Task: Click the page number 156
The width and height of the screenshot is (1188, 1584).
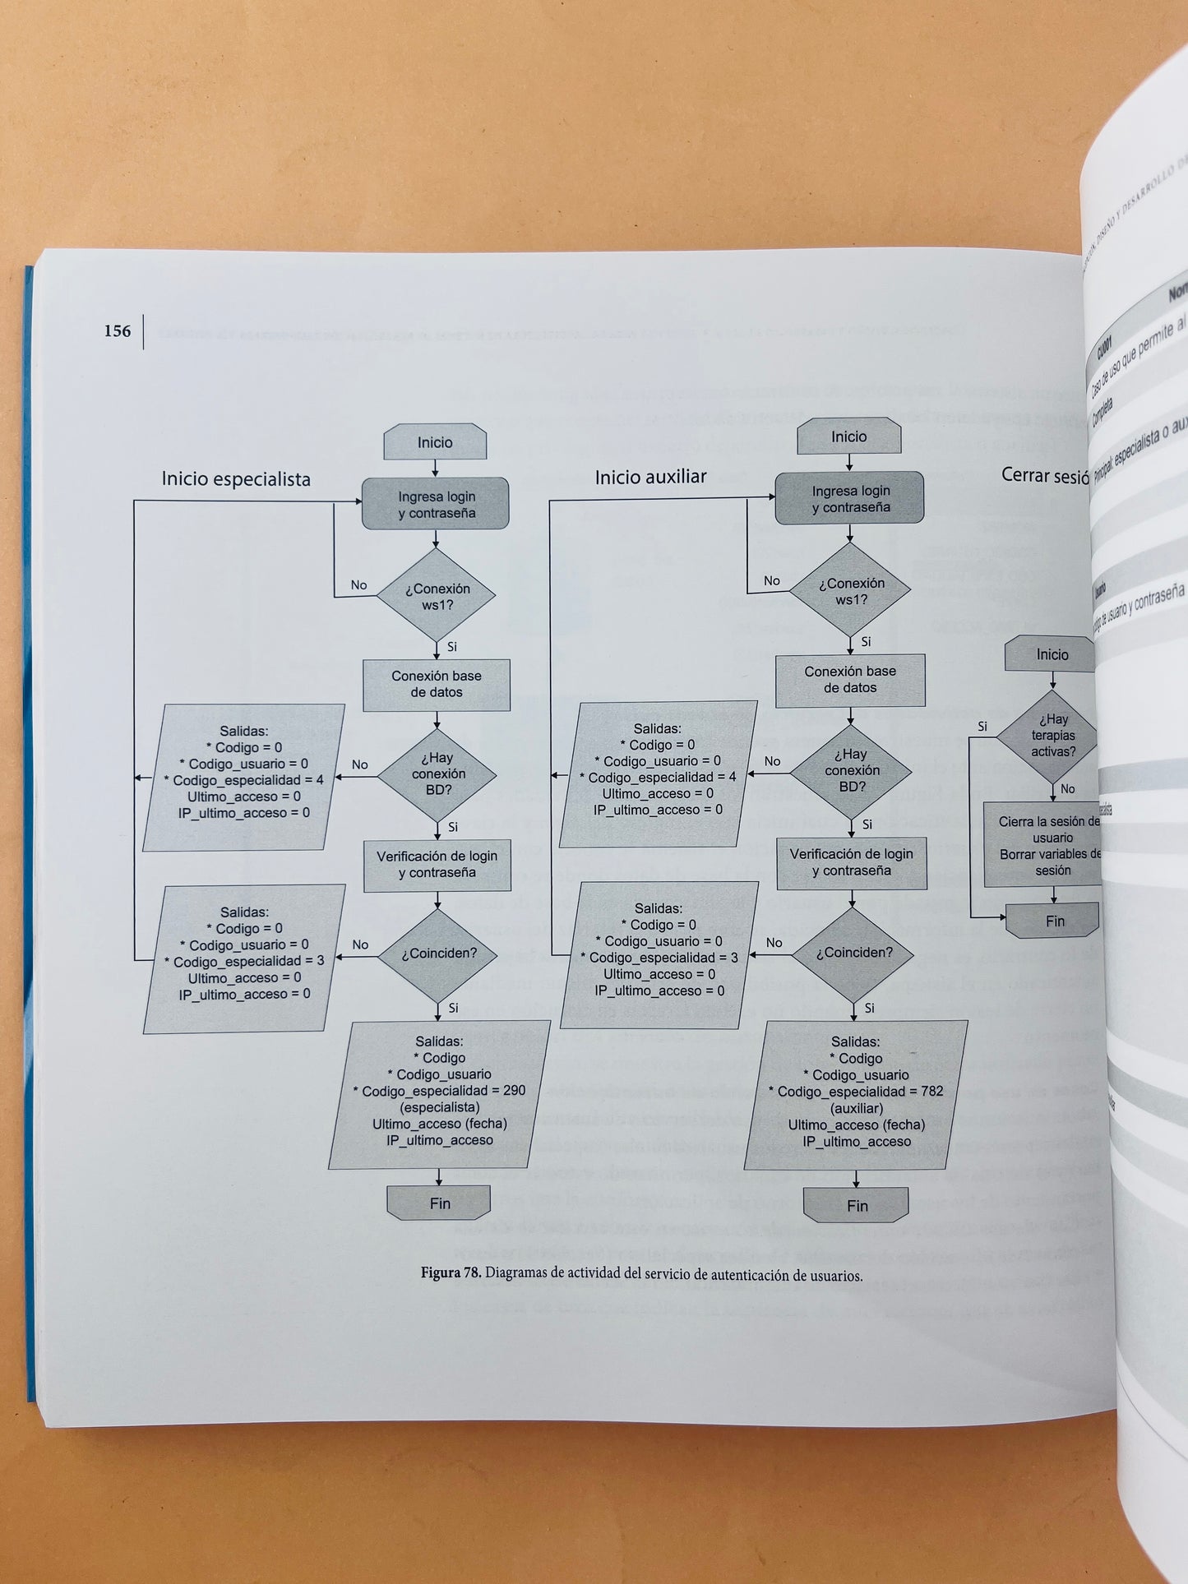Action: (117, 331)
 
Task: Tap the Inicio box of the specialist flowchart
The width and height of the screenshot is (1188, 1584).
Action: (435, 442)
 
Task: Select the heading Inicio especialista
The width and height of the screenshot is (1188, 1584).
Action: (236, 478)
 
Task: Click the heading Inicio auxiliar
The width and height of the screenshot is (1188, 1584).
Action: (650, 476)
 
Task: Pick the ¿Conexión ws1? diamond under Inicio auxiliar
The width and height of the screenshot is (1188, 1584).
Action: (850, 590)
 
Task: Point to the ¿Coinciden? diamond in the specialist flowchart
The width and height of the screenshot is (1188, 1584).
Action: (438, 954)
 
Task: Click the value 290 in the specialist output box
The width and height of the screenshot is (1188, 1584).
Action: (514, 1090)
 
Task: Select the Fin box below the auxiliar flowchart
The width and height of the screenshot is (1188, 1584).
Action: (856, 1205)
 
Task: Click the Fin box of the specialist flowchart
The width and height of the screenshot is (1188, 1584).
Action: (439, 1203)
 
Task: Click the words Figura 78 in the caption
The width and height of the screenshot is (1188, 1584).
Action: (451, 1275)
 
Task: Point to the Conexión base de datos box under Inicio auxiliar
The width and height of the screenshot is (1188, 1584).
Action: (850, 680)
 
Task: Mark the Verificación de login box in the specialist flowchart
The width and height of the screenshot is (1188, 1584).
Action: (437, 864)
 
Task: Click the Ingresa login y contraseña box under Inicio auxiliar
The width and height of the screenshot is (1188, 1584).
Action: (850, 499)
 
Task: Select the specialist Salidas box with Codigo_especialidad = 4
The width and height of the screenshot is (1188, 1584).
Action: (243, 776)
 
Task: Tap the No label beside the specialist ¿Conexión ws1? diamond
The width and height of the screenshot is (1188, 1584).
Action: (358, 585)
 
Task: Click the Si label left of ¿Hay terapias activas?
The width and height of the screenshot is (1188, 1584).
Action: (982, 726)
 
